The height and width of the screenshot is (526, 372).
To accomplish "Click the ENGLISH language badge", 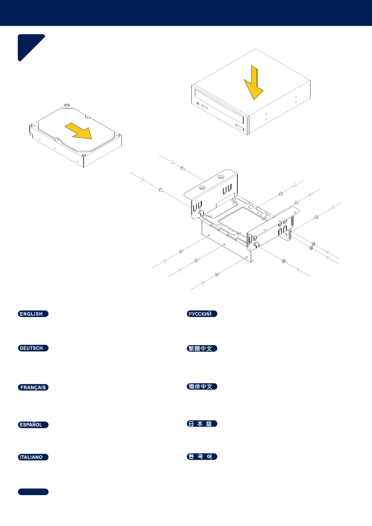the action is [x=33, y=314].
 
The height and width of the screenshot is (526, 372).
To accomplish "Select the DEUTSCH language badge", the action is [x=33, y=348].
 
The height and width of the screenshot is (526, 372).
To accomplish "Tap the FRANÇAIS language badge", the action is [x=33, y=387].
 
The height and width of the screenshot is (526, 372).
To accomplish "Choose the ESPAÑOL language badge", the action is [x=33, y=425].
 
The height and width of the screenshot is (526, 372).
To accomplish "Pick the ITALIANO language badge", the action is [x=33, y=457].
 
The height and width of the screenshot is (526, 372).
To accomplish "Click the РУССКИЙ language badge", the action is [x=202, y=314].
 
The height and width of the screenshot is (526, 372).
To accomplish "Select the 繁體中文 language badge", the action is [x=202, y=349].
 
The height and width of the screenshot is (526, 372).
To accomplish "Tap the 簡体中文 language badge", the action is [x=202, y=387].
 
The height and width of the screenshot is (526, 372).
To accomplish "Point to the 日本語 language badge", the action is [x=202, y=424].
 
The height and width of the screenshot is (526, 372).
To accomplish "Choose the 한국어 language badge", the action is [x=202, y=457].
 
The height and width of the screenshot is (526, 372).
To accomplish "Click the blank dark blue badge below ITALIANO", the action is [x=33, y=492].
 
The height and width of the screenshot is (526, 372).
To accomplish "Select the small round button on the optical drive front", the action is [x=197, y=103].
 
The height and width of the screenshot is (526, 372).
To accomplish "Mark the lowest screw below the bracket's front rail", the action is [x=217, y=275].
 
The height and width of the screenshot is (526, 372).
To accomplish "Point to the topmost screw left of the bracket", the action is [x=182, y=168].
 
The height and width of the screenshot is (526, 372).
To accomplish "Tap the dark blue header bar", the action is [x=186, y=13].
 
